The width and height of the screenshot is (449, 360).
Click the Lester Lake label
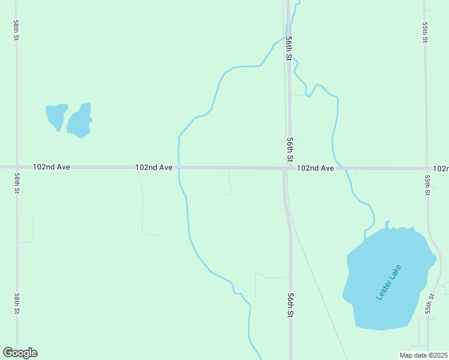point(388,283)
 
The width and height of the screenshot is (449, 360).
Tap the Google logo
point(20,353)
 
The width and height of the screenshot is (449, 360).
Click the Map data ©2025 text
point(423,355)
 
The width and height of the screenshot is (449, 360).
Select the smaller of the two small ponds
point(56,115)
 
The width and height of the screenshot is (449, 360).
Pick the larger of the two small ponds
point(79,121)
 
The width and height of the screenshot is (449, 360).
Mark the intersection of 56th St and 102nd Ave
point(287,168)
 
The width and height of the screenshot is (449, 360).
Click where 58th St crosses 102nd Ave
point(16,167)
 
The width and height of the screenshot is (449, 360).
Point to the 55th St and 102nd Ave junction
point(427,169)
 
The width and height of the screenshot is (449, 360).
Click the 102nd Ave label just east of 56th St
point(315,169)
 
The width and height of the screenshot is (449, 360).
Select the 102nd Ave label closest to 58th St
point(52,167)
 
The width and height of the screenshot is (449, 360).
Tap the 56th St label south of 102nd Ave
point(290,305)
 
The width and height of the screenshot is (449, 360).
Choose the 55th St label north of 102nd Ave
point(425,33)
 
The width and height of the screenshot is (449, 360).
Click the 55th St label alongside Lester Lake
point(429,304)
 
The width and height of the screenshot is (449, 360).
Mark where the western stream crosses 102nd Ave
point(179,167)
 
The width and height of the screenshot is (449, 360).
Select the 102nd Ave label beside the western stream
point(154,167)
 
